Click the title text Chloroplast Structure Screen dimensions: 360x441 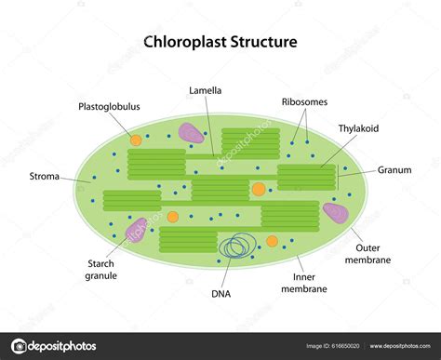point(220,42)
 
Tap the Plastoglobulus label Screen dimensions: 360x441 point(109,106)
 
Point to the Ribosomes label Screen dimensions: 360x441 point(303,101)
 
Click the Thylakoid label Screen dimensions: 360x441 point(358,129)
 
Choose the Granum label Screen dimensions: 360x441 point(394,170)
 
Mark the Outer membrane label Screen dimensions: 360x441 point(380,254)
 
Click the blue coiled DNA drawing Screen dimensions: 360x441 point(236,246)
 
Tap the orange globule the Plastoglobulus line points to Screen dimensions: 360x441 point(135,140)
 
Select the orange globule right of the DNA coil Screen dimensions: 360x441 point(272,241)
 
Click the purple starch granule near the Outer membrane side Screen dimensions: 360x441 point(336,213)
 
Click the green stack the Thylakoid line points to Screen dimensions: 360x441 point(306,177)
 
